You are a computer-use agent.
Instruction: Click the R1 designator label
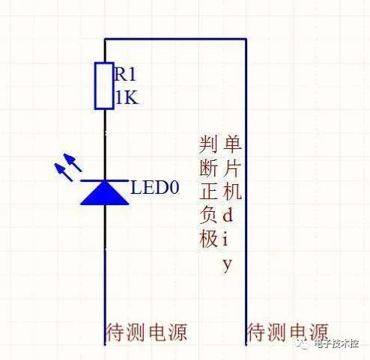tap(125, 74)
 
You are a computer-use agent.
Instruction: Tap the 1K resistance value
tap(127, 97)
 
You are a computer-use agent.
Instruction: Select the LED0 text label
tap(155, 187)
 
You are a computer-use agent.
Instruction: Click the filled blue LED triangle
tap(105, 192)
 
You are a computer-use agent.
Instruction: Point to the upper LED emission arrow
tap(73, 162)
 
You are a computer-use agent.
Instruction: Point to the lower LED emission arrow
tap(64, 171)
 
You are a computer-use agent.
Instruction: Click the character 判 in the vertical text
tap(208, 144)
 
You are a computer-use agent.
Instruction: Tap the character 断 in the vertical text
tap(208, 168)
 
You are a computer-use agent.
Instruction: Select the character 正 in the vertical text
tap(208, 191)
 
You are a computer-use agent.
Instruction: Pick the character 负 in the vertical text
tap(208, 215)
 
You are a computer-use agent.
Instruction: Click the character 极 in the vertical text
tap(208, 238)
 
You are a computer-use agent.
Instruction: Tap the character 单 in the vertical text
tap(232, 144)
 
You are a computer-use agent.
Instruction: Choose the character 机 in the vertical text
tap(232, 191)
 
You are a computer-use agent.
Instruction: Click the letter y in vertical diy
tap(227, 265)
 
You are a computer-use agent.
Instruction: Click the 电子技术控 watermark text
tap(336, 344)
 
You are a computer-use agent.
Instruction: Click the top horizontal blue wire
tap(175, 39)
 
